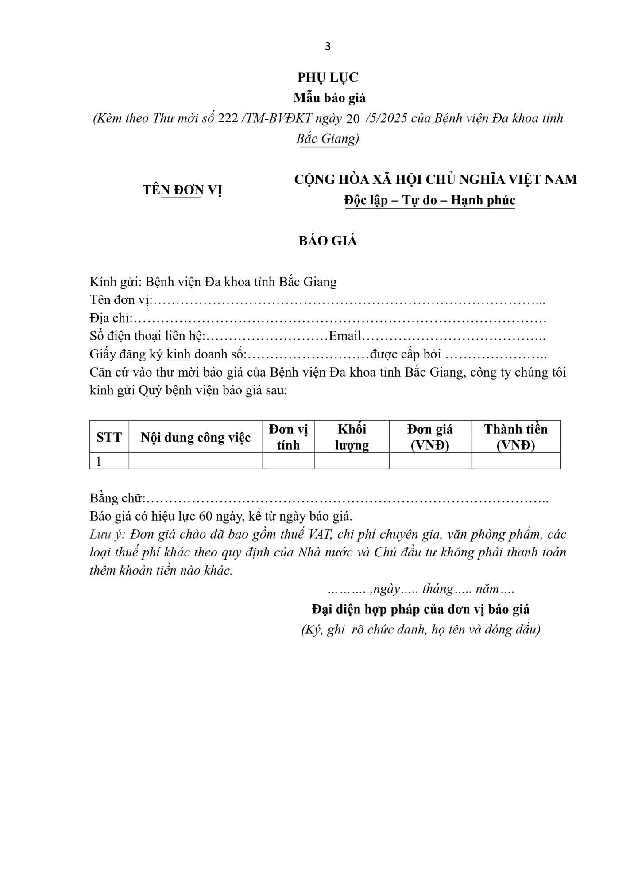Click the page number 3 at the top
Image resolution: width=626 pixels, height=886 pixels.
pyautogui.click(x=328, y=47)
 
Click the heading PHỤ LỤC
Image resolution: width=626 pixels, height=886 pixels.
pyautogui.click(x=328, y=78)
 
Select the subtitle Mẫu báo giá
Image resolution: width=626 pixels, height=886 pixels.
pyautogui.click(x=329, y=97)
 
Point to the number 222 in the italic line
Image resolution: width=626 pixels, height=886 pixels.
pyautogui.click(x=228, y=119)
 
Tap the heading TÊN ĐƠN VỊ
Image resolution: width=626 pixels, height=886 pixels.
pyautogui.click(x=182, y=190)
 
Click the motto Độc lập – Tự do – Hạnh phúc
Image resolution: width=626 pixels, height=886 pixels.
pyautogui.click(x=430, y=200)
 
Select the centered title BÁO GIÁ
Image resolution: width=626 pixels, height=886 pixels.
pyautogui.click(x=328, y=241)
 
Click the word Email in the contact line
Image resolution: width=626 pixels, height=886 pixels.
pyautogui.click(x=345, y=336)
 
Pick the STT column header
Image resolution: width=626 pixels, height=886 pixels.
pyautogui.click(x=109, y=437)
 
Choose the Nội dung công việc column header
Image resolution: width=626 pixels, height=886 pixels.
pyautogui.click(x=196, y=438)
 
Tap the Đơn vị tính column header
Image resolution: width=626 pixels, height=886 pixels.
pyautogui.click(x=288, y=437)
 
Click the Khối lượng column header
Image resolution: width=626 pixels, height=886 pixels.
pyautogui.click(x=352, y=437)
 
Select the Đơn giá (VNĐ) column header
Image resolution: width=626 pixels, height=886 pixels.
pyautogui.click(x=430, y=437)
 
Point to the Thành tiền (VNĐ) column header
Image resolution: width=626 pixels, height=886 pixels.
pyautogui.click(x=516, y=437)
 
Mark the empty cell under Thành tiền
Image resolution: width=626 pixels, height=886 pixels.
pyautogui.click(x=516, y=461)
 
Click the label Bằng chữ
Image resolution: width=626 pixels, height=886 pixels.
pyautogui.click(x=116, y=498)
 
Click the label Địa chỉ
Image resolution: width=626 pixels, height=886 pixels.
pyautogui.click(x=110, y=318)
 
